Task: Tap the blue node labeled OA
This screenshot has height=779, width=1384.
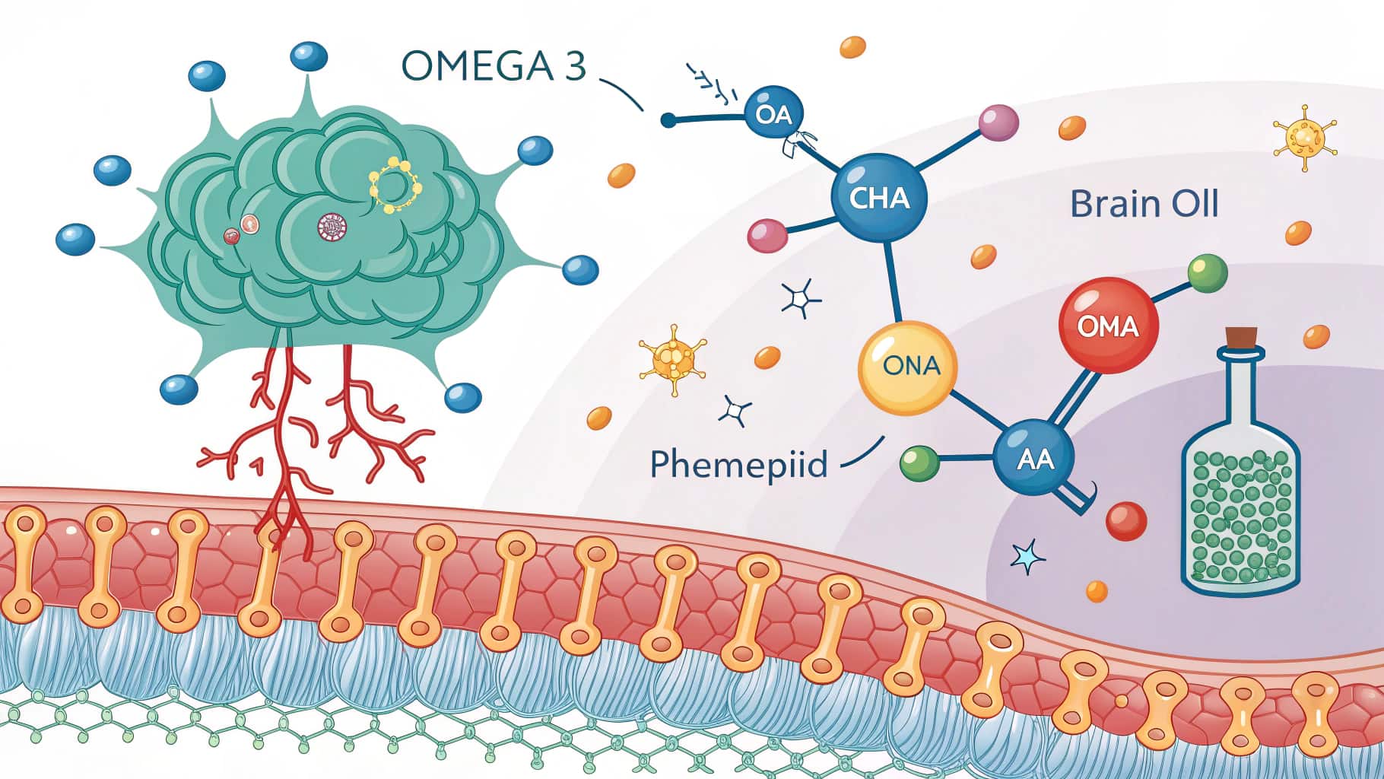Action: coord(773,115)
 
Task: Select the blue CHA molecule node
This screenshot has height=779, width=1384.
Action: coord(879,198)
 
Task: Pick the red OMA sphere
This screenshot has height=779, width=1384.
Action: coord(1108,326)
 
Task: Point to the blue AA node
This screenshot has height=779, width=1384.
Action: coord(1034,458)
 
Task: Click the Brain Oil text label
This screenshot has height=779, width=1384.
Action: coord(1144,204)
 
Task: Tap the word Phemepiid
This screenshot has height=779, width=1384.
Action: coord(738,463)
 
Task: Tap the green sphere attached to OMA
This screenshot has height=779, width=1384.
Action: coord(1207,274)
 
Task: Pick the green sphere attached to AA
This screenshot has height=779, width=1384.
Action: coord(918,462)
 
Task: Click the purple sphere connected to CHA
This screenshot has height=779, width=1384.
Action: coord(998,122)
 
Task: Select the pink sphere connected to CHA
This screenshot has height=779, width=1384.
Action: coord(767,235)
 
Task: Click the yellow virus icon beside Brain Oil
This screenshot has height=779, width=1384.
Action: coord(1304,137)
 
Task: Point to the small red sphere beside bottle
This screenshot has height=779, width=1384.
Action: coord(1125,521)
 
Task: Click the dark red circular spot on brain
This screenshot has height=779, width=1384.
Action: coord(332,225)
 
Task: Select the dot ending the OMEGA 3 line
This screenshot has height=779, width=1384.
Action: coord(668,119)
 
